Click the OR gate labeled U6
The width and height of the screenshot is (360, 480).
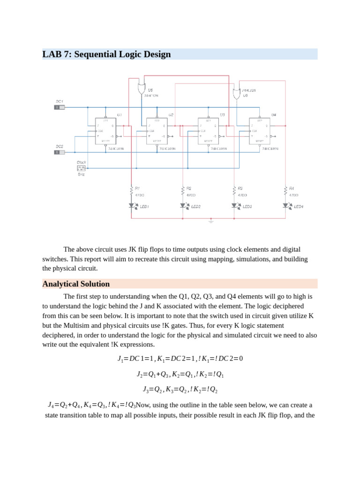point(237,93)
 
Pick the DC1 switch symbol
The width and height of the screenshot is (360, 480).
point(59,107)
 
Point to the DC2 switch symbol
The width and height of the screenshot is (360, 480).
point(59,152)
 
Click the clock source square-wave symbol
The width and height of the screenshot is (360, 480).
point(81,167)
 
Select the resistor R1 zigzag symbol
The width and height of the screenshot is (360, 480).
point(131,190)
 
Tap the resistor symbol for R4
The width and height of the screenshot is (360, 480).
point(285,190)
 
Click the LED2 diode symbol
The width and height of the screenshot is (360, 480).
point(182,205)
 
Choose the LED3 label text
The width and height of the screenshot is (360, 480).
point(247,206)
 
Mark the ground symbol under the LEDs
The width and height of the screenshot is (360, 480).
point(210,221)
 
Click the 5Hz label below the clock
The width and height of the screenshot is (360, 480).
point(81,174)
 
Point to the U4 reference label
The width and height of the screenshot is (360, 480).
point(274,114)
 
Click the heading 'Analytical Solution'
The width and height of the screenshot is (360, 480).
point(76,284)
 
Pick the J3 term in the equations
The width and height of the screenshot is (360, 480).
point(145,389)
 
